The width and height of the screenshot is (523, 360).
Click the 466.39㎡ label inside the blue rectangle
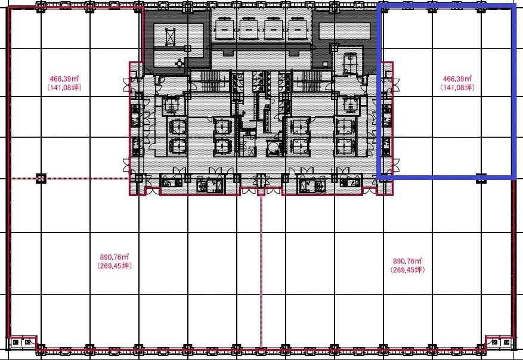coord(457,79)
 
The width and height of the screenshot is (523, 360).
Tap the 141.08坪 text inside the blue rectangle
coord(457,88)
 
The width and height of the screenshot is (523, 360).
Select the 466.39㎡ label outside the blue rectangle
coord(64,79)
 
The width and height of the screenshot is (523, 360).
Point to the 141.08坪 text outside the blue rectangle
coord(64,88)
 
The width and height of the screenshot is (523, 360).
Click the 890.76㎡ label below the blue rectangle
coord(407,261)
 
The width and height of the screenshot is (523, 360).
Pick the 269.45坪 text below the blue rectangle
coord(407,269)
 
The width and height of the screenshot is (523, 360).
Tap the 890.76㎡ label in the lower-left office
coord(114,257)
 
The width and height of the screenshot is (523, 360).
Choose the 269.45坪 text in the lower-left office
coord(114,266)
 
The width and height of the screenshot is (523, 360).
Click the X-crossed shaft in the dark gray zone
coord(170,37)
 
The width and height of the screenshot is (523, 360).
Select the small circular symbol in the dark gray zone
coord(180,63)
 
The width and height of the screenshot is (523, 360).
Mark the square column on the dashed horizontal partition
coord(41,178)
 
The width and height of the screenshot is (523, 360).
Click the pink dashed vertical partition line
coord(261,271)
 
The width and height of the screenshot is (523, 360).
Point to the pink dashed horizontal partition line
coord(70,178)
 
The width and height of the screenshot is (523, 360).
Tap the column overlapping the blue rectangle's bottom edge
coord(481,178)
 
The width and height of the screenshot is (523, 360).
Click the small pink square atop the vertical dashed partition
coord(261,192)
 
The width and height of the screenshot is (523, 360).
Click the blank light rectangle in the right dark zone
coord(345,31)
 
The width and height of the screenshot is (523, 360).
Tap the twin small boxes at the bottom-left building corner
coord(21,342)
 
